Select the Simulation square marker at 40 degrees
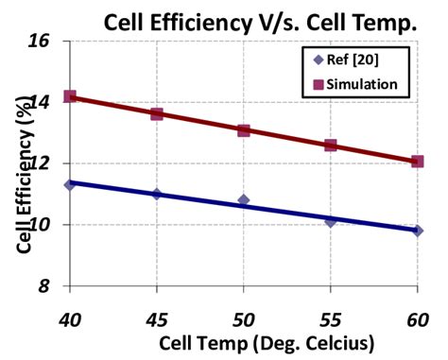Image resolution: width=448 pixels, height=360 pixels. [x=70, y=96]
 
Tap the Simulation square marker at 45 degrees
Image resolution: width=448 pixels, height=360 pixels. [x=157, y=113]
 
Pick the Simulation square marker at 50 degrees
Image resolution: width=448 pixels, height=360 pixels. [x=244, y=129]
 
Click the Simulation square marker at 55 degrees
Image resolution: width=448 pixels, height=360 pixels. [x=331, y=145]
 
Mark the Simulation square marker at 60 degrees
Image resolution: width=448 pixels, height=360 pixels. [x=417, y=162]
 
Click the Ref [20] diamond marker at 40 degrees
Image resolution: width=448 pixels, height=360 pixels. [x=70, y=184]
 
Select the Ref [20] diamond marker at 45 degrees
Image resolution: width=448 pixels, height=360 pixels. [x=157, y=194]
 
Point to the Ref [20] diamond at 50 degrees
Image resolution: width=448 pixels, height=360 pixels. [x=244, y=200]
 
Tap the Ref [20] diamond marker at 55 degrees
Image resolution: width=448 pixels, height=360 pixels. [x=331, y=221]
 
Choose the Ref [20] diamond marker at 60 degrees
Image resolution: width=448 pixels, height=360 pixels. [x=417, y=231]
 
